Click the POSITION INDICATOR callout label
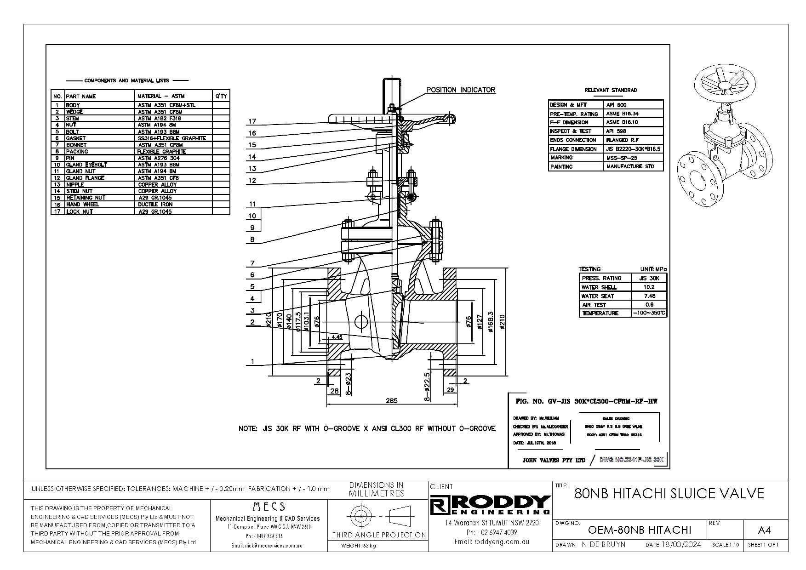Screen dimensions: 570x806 tap(461, 90)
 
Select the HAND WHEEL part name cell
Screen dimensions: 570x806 tap(83, 205)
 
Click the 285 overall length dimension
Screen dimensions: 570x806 tap(391, 401)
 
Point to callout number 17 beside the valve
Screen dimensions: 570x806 tap(252, 122)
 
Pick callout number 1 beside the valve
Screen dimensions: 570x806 tap(252, 362)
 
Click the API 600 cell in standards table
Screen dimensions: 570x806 tap(616, 105)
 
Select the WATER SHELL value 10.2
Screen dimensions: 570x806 tap(649, 287)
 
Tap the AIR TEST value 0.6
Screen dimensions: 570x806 tap(649, 305)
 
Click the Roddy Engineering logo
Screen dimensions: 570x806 tap(490, 505)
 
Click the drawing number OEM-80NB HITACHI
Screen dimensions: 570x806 tap(640, 530)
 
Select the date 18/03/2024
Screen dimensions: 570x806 tap(682, 545)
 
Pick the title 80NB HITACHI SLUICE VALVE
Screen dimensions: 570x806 tap(669, 494)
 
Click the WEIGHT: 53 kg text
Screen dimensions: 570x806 tap(359, 546)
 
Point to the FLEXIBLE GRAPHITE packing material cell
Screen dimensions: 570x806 tap(161, 152)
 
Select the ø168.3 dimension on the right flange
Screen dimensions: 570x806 tap(491, 320)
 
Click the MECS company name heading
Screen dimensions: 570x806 tap(269, 507)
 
